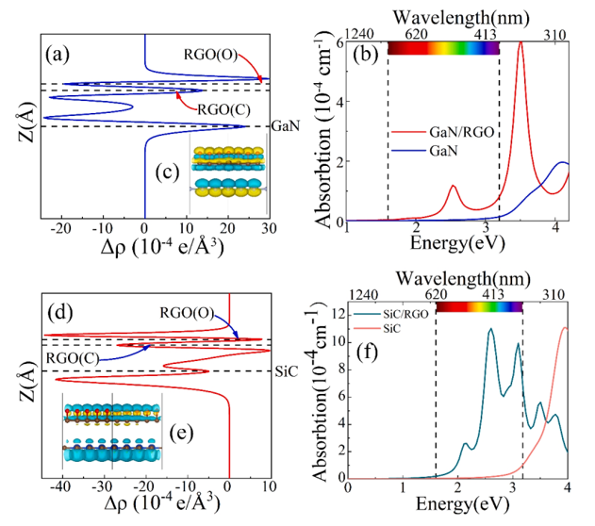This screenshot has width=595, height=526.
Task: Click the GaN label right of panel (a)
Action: click(x=286, y=125)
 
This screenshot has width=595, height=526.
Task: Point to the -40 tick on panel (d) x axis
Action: click(x=62, y=486)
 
